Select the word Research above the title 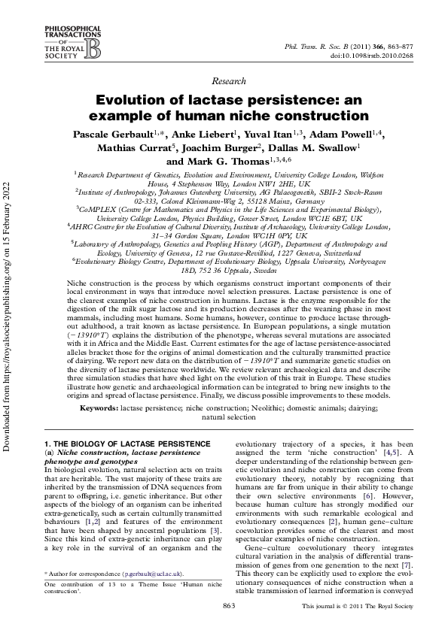pyautogui.click(x=229, y=80)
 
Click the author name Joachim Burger pyautogui.click(x=225, y=148)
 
